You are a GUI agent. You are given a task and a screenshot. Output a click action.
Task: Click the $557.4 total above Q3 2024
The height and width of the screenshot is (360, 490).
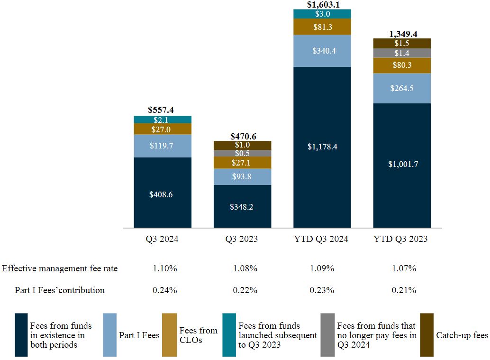point(161,110)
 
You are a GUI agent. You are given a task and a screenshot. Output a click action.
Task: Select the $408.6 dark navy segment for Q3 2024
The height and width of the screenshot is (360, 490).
point(163,194)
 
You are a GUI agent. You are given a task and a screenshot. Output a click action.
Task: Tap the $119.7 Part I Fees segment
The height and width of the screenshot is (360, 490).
point(163,146)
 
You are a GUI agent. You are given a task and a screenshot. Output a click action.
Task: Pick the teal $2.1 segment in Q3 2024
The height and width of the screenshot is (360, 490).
point(163,120)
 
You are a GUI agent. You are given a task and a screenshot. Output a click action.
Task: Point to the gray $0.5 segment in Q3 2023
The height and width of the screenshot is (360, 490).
point(243,153)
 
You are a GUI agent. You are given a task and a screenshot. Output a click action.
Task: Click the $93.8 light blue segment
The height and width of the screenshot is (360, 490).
point(243,176)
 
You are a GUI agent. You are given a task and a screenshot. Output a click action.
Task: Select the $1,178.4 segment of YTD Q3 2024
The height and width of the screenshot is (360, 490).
point(322,147)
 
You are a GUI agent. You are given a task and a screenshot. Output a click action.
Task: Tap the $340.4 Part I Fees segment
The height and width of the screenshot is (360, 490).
point(322,50)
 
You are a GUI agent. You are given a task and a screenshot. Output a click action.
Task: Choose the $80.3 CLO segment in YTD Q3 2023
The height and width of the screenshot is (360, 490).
point(402,65)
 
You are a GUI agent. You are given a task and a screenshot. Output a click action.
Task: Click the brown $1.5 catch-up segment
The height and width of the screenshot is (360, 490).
point(402,43)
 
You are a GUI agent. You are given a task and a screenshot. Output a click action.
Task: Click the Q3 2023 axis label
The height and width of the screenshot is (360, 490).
point(242,239)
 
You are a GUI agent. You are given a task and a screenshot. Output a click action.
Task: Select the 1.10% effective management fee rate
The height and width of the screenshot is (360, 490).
point(165,268)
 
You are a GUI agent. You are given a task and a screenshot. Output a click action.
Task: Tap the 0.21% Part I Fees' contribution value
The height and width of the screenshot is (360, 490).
point(404,290)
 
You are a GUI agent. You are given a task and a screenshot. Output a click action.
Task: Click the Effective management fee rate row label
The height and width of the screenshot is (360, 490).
point(60,268)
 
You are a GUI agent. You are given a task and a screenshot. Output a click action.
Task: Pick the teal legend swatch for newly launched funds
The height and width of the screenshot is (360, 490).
point(229,335)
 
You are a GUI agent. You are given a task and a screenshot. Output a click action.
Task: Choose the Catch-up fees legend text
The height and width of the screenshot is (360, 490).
point(462,335)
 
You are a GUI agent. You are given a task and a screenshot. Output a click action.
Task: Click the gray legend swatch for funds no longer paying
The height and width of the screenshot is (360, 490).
point(327,335)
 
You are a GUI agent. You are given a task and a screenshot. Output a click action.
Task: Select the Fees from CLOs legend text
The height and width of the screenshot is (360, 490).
point(198,335)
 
